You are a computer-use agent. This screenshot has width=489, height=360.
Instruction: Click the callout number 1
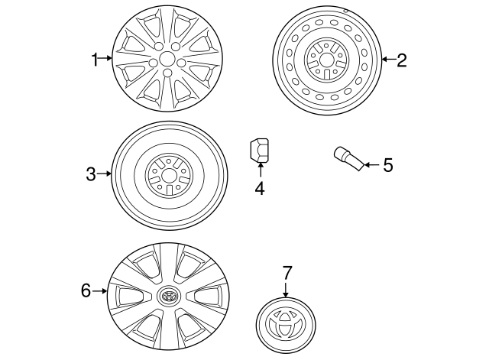coord(96,59)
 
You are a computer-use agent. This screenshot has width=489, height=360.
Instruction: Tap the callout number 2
coord(401,59)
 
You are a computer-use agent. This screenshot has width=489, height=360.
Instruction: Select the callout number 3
coord(91,175)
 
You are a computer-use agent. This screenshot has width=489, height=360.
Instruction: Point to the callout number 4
coord(260,187)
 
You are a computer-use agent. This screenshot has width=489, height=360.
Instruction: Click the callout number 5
coord(387,164)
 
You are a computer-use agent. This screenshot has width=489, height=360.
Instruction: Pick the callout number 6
coord(86,290)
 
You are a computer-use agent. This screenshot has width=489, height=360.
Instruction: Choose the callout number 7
coord(287,271)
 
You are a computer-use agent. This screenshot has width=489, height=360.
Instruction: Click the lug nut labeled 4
coord(259,149)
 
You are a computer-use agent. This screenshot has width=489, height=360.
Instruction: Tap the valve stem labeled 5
coord(348,157)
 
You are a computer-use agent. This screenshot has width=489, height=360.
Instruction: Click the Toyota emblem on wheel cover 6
coord(167,295)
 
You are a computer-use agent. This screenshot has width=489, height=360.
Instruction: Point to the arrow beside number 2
coord(387,59)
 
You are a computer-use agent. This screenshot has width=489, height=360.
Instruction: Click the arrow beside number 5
coord(371,164)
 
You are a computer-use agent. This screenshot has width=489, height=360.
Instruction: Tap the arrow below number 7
coord(287,288)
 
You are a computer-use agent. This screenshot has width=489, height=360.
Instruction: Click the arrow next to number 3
coord(105,175)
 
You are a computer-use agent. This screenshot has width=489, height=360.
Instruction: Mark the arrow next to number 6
coord(99,290)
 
